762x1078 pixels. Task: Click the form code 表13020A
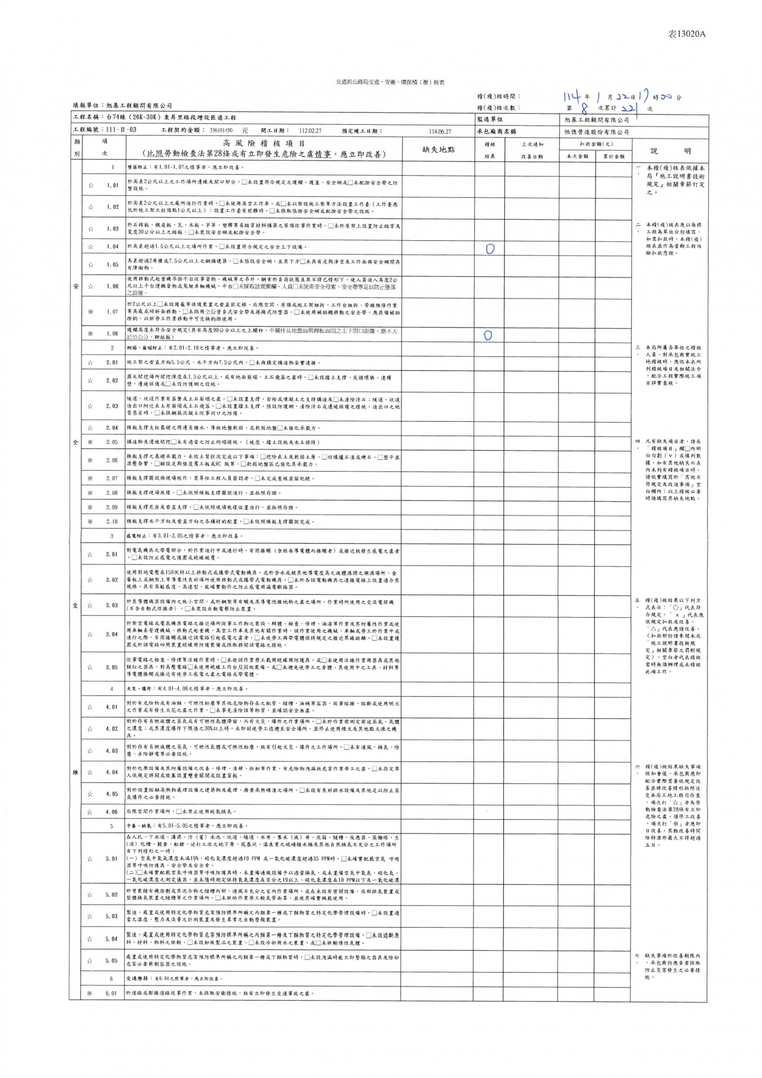pyautogui.click(x=686, y=34)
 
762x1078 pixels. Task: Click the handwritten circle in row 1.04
pyautogui.click(x=490, y=249)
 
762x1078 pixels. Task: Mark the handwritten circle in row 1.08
pyautogui.click(x=488, y=336)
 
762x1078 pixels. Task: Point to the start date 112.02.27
pyautogui.click(x=310, y=130)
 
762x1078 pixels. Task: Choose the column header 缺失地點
pyautogui.click(x=438, y=150)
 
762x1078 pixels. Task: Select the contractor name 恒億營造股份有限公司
pyautogui.click(x=596, y=132)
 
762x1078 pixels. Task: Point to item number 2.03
pyautogui.click(x=112, y=406)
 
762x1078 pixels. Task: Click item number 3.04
pyautogui.click(x=112, y=634)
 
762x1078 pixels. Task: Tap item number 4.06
pyautogui.click(x=112, y=811)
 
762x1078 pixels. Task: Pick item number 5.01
pyautogui.click(x=112, y=858)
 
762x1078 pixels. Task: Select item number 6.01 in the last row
pyautogui.click(x=111, y=993)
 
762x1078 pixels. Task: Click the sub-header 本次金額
pyautogui.click(x=577, y=157)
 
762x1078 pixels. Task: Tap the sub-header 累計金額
pyautogui.click(x=613, y=157)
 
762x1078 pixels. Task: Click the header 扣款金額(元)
pyautogui.click(x=596, y=144)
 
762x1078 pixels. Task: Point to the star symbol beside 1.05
pyautogui.click(x=90, y=265)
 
